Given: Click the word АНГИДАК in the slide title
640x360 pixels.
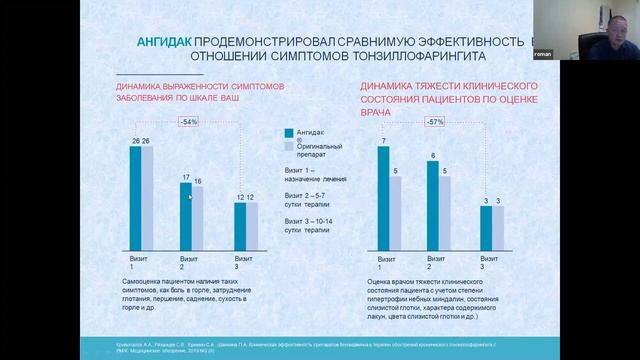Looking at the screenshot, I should [164, 42].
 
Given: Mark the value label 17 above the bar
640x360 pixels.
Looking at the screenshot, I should [185, 177].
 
